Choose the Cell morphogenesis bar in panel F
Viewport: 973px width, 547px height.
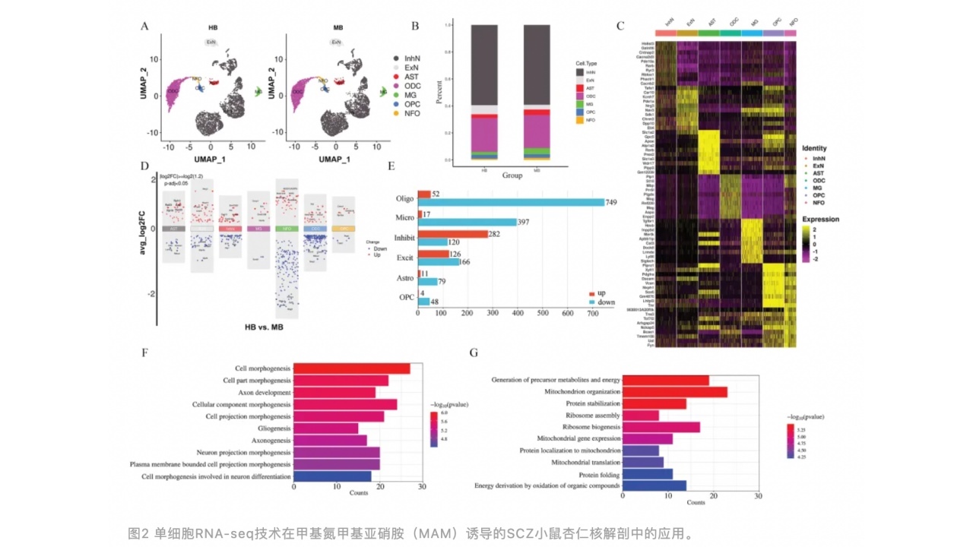(x=352, y=368)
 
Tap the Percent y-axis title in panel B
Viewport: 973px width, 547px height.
(x=439, y=90)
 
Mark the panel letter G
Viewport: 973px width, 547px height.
(x=474, y=353)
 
